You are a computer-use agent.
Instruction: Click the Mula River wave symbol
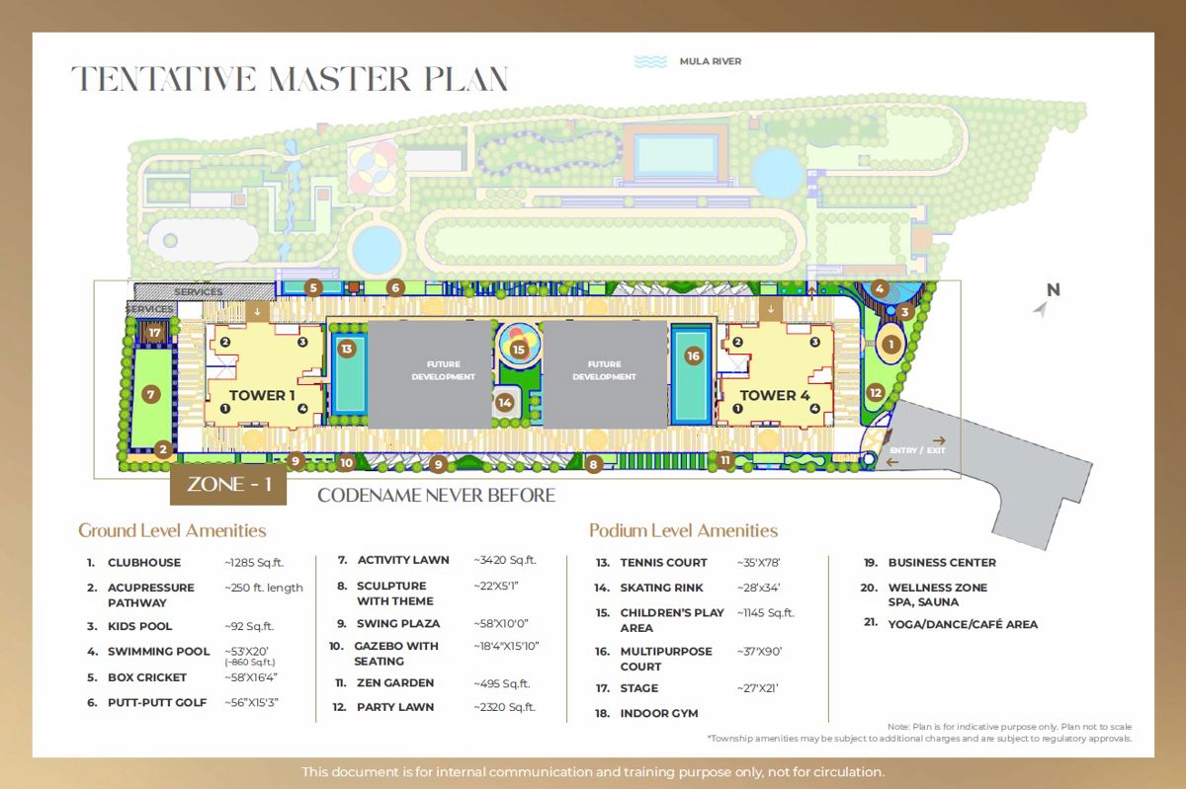click(x=650, y=62)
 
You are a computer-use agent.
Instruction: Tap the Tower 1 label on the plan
click(x=262, y=395)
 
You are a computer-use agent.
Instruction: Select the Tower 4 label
click(x=775, y=395)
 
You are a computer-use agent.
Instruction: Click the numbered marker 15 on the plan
click(x=518, y=350)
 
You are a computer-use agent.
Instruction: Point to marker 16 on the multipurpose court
click(x=693, y=356)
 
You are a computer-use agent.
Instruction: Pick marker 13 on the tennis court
click(x=347, y=349)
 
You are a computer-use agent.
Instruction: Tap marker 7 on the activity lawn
click(x=151, y=394)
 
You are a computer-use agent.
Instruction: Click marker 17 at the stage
click(x=154, y=333)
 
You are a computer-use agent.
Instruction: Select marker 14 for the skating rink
click(x=505, y=403)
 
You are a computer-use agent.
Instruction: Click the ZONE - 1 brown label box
click(x=228, y=484)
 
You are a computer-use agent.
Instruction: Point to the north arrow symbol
click(x=1041, y=308)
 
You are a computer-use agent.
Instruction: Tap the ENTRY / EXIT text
click(x=917, y=450)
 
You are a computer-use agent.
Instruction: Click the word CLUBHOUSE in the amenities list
click(x=144, y=563)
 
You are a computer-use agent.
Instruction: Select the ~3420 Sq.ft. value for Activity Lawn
click(x=505, y=560)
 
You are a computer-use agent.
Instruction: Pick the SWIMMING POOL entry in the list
click(x=159, y=652)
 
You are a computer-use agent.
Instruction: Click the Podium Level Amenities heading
click(x=683, y=530)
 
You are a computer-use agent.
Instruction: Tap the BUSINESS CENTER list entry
click(x=942, y=563)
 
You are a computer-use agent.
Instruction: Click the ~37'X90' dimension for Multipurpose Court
click(x=759, y=652)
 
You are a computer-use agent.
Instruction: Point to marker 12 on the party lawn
click(x=876, y=393)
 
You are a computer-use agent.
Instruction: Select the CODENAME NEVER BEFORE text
click(x=436, y=496)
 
